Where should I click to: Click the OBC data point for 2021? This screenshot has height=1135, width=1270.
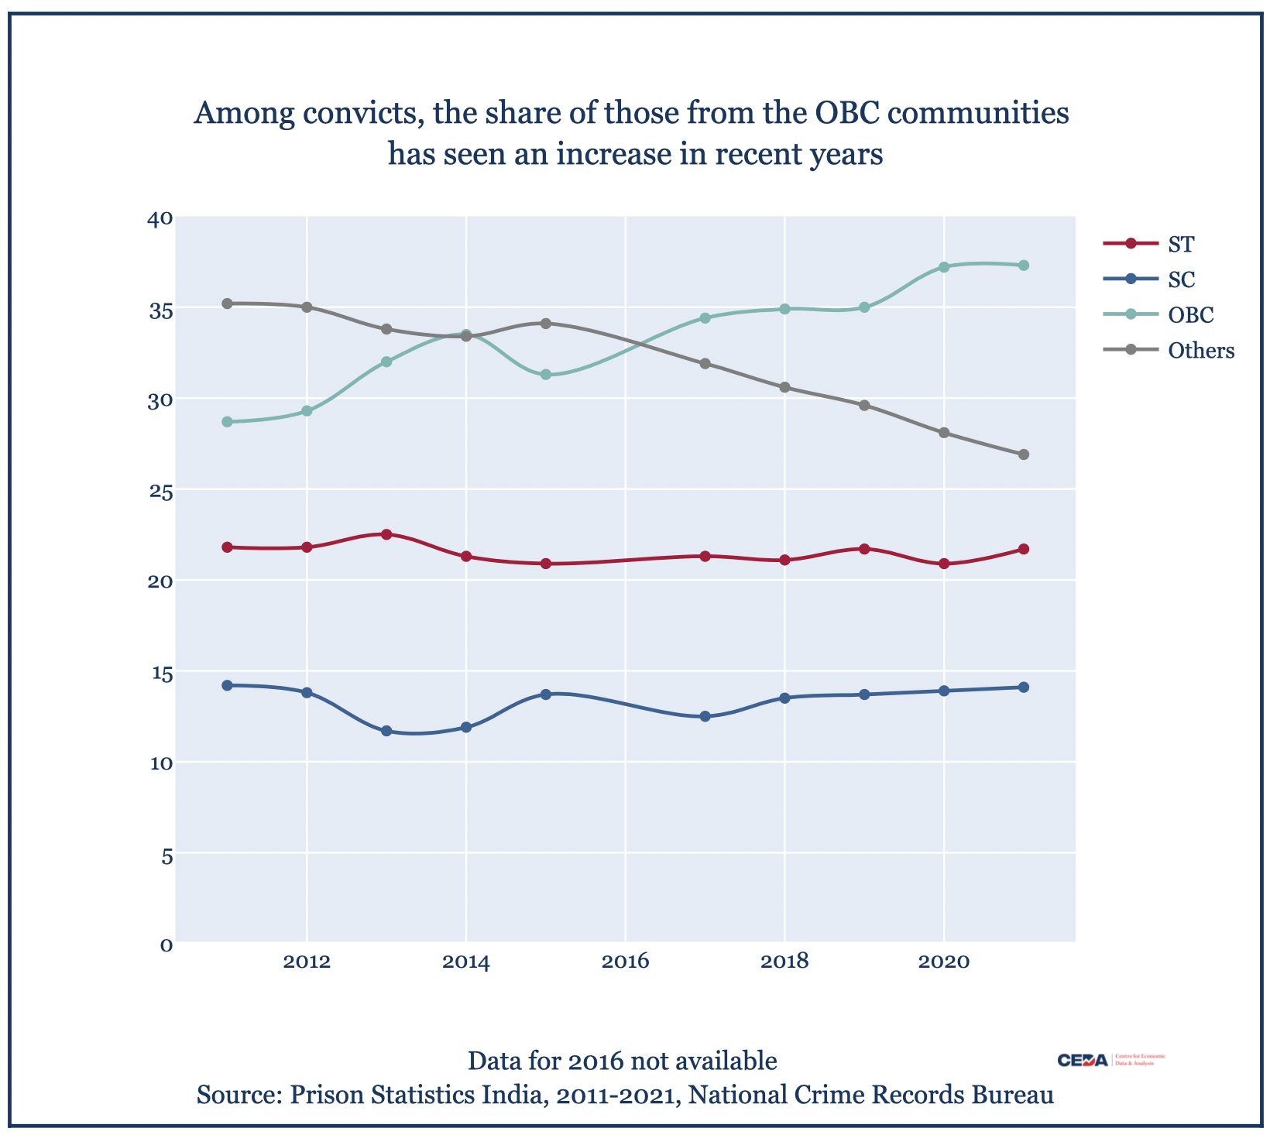1023,265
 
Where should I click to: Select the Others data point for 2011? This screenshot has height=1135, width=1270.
227,303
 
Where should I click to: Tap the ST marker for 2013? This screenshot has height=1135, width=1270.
386,534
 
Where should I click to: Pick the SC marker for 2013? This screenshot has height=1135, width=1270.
386,731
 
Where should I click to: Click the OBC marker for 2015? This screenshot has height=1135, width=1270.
545,375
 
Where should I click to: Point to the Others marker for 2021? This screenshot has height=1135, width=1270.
1023,454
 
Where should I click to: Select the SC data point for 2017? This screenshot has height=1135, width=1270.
705,716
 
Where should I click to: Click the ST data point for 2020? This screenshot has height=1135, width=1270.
943,564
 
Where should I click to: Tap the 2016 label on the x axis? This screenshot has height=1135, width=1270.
625,962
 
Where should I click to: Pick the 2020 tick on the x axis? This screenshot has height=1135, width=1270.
943,962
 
